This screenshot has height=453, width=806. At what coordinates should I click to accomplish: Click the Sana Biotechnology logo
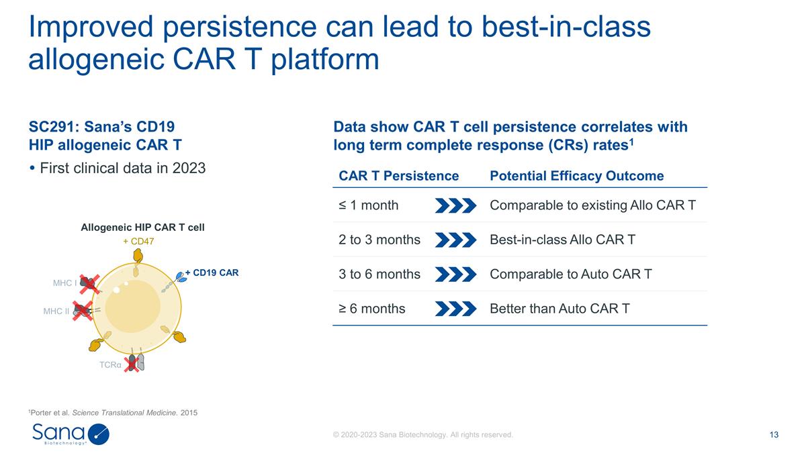tap(71, 434)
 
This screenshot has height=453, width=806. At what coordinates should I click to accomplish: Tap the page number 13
tap(774, 435)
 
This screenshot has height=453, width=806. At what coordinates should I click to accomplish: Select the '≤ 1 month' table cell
tap(369, 205)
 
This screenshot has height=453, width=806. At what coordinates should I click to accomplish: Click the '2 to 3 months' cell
tap(379, 240)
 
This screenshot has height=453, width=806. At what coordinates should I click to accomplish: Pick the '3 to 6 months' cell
tap(379, 274)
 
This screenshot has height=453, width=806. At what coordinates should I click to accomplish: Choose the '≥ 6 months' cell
tap(372, 309)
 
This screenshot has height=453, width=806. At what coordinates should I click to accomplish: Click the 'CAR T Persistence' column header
tap(399, 176)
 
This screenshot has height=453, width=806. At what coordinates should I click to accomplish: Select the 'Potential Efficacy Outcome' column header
tap(577, 176)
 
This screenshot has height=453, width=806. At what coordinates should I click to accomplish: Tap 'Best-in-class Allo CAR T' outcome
tap(563, 240)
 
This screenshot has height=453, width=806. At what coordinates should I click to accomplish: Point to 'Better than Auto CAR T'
tap(560, 309)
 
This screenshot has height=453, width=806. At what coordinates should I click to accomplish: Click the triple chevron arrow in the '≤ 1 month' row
tap(455, 205)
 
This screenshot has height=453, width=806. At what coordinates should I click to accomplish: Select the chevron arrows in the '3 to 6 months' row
tap(455, 274)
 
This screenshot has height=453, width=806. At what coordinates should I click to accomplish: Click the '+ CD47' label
tap(137, 241)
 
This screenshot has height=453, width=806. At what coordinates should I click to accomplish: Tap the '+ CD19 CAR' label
tap(212, 272)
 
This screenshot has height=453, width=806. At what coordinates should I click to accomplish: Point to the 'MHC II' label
tap(56, 311)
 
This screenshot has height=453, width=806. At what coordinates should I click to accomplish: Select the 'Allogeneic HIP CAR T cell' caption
tap(142, 228)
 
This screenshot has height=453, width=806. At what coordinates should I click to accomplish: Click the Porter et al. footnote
tap(113, 412)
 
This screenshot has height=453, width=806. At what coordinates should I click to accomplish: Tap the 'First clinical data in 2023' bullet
tap(118, 168)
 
